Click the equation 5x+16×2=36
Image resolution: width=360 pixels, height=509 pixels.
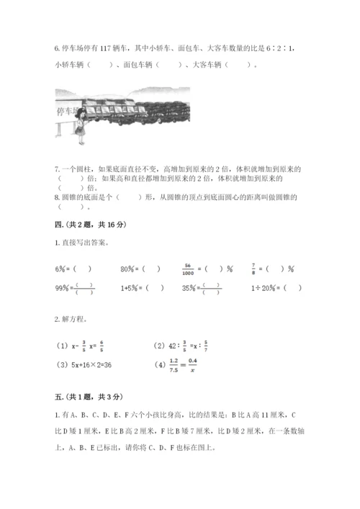pos(95,364)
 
